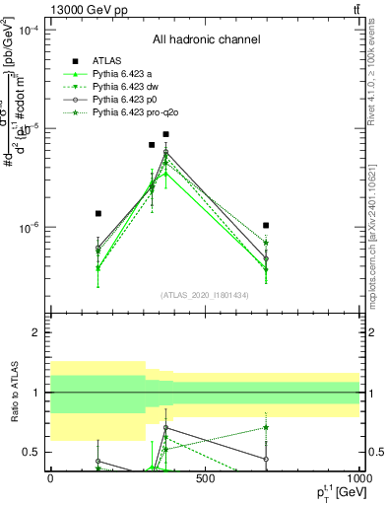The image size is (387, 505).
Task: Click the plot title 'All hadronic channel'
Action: tap(206, 39)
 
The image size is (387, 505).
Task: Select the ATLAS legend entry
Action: tap(107, 61)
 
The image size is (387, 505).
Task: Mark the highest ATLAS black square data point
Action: tap(166, 134)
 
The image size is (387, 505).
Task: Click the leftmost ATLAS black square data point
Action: tap(98, 213)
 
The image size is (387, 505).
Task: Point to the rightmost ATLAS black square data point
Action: tap(266, 226)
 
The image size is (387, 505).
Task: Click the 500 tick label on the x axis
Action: tap(205, 478)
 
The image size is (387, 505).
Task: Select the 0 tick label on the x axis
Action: tap(50, 478)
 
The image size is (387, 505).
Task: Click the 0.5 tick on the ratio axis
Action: tap(33, 452)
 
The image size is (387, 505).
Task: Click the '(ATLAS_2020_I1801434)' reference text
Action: tap(206, 294)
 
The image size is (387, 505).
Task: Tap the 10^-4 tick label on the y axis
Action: tap(30, 31)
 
